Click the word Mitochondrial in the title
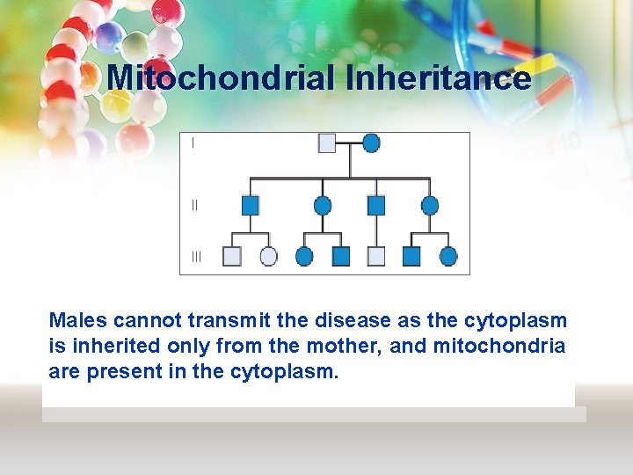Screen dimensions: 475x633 tap(222, 78)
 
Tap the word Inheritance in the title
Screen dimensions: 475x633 tap(439, 78)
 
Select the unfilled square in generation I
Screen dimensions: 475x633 tap(327, 142)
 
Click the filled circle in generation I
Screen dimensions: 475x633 tap(371, 142)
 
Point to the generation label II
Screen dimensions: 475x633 tap(194, 205)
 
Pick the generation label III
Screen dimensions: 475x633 tap(195, 257)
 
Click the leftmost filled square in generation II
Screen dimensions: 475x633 tap(251, 206)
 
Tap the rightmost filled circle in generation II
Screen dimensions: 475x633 tap(429, 206)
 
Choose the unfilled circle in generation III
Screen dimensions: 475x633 tap(269, 256)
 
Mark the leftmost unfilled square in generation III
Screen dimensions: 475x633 tap(232, 256)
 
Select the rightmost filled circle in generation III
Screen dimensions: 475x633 tap(448, 256)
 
